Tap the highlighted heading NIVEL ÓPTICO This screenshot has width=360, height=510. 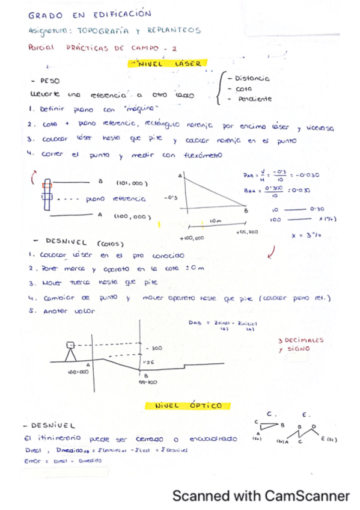(x=179, y=406)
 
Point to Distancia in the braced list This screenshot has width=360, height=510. (x=252, y=78)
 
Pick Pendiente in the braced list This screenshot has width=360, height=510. (x=254, y=99)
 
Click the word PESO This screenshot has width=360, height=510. (x=49, y=80)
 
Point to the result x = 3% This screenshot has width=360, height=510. (x=303, y=236)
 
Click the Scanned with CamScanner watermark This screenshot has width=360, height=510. (x=261, y=496)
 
